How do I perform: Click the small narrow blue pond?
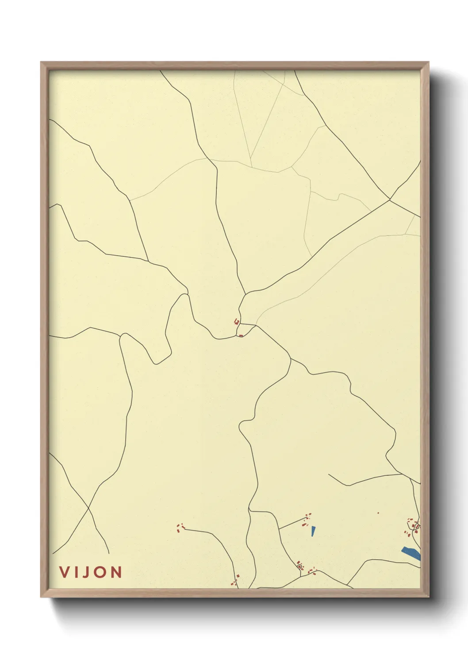[x=313, y=531]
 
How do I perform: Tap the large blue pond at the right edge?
[x=411, y=553]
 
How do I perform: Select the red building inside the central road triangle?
[x=241, y=335]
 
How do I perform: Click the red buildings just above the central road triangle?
[x=237, y=321]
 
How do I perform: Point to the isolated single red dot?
[x=378, y=513]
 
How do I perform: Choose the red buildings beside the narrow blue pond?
[x=307, y=520]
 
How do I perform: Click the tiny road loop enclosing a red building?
[x=300, y=566]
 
